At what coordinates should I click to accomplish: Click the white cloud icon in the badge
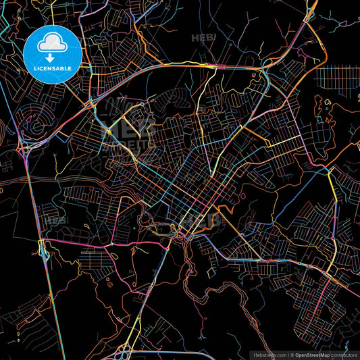[x=53, y=44]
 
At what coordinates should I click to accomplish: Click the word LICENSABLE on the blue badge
[x=53, y=68]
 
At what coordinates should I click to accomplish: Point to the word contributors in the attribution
[x=344, y=355]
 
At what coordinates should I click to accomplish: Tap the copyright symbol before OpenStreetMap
[x=291, y=355]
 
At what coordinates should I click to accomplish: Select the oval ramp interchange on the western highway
[x=44, y=253]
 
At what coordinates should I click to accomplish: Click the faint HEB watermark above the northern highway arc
[x=203, y=38]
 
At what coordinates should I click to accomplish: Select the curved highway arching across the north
[x=189, y=66]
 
